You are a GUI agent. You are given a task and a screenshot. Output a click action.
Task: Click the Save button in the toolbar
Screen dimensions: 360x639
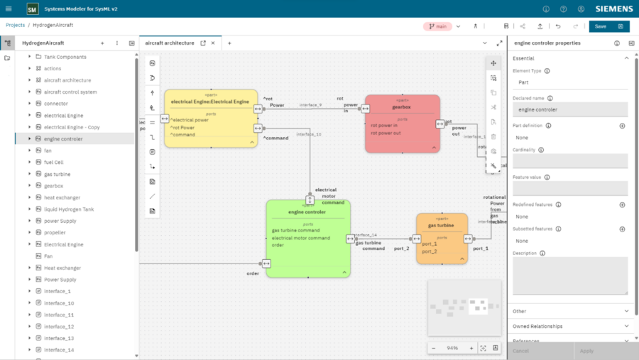[600, 26]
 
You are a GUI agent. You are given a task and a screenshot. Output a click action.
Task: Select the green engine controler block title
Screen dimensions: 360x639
[307, 212]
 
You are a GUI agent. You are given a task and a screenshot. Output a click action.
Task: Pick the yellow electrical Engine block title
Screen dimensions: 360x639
[210, 102]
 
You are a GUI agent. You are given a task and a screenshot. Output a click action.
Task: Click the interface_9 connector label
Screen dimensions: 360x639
[310, 105]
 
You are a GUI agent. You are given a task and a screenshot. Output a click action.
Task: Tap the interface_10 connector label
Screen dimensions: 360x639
[308, 134]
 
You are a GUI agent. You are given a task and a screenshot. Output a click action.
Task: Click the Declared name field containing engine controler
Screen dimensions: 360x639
[569, 110]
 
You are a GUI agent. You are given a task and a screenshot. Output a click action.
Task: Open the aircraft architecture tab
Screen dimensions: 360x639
[170, 43]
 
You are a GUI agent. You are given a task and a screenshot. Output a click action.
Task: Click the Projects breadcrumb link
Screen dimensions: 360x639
[15, 25]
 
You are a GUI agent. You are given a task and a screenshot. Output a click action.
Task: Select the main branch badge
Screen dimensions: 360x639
[437, 26]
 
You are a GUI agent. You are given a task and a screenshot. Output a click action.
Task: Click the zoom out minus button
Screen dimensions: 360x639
[434, 348]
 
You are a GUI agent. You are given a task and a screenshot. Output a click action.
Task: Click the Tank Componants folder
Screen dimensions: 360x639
[65, 57]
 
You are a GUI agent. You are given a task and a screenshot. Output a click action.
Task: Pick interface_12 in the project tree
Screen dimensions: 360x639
[58, 326]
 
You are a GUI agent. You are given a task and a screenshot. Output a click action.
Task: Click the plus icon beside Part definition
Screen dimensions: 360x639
[622, 126]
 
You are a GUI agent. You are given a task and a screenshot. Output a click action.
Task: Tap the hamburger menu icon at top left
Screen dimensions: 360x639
[9, 9]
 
